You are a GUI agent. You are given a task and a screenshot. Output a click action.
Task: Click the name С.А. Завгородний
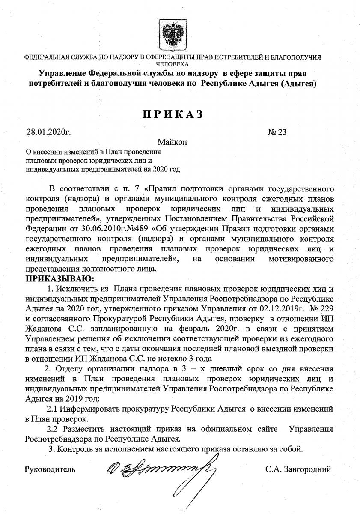[298, 469]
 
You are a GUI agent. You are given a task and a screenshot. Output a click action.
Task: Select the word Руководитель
[51, 469]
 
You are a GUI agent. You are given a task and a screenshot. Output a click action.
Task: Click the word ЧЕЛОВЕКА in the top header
[173, 63]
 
